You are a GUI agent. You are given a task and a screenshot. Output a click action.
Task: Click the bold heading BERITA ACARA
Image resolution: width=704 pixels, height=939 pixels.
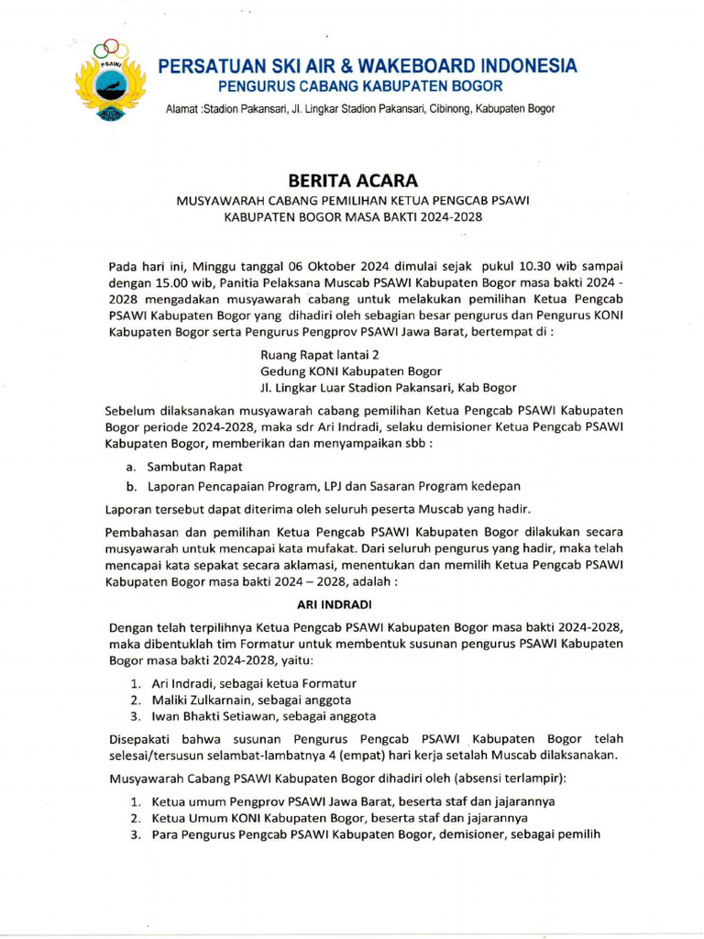tap(351, 181)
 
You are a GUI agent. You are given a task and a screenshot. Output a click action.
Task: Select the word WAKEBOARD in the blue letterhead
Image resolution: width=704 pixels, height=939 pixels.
tap(413, 66)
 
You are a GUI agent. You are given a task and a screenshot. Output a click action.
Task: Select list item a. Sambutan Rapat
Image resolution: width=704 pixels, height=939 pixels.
tap(176, 467)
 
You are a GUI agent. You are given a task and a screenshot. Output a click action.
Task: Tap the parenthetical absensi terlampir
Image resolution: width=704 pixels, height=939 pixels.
tap(513, 778)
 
